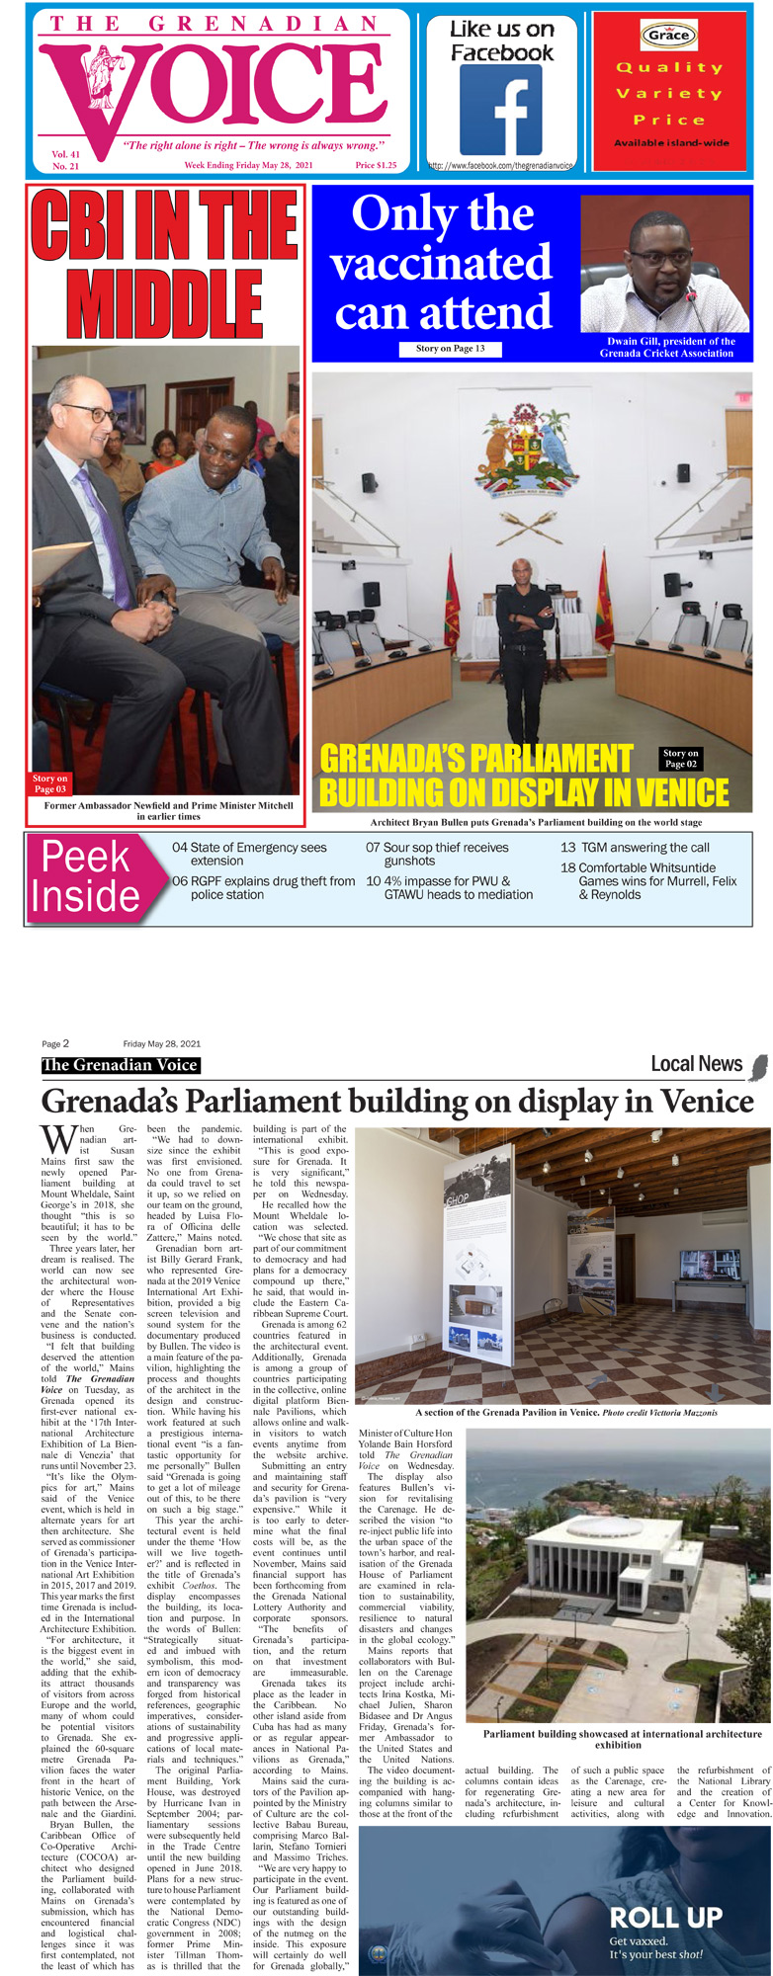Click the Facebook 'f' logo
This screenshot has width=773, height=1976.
coord(501,110)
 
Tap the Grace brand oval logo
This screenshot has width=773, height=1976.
coord(668,35)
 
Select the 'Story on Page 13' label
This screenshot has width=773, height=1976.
coord(450,349)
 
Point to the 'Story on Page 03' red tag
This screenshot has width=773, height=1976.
coord(49,783)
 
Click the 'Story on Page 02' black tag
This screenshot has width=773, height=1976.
coord(681,758)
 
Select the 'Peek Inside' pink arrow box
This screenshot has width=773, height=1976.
coord(89,877)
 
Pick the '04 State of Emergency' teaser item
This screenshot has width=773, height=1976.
coord(249,854)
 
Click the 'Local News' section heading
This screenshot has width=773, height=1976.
coord(696,1064)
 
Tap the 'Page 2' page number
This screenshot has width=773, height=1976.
coord(55,1043)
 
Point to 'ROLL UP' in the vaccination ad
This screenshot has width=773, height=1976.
coord(665,1918)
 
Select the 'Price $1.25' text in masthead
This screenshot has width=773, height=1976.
coord(376,165)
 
